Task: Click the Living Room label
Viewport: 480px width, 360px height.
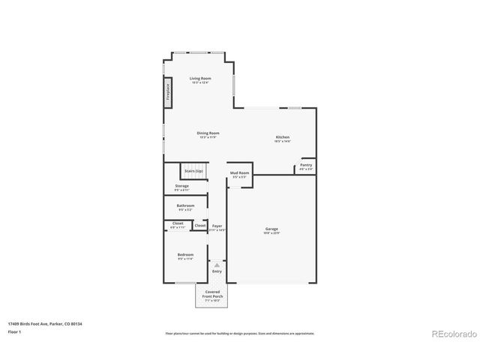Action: (x=199, y=79)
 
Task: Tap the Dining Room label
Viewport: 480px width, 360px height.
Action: (x=208, y=133)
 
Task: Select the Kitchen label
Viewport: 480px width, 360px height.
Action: (x=282, y=137)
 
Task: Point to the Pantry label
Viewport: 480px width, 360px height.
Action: (x=306, y=165)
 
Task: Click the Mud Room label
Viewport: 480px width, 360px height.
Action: (x=239, y=173)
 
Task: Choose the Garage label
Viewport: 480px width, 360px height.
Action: (x=271, y=229)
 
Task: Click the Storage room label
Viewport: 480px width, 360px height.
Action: (x=182, y=186)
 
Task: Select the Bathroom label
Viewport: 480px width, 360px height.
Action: (x=185, y=205)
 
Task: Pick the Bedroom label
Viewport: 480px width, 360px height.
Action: (x=185, y=255)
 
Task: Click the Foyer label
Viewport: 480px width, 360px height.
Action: (x=217, y=226)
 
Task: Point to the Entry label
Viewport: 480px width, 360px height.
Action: (x=217, y=271)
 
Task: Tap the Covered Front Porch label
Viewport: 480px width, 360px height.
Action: (x=213, y=295)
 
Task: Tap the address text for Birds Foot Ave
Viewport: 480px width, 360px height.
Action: (x=45, y=324)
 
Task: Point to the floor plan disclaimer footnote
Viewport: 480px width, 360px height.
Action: (x=240, y=333)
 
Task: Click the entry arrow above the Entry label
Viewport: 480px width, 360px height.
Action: (x=217, y=265)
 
